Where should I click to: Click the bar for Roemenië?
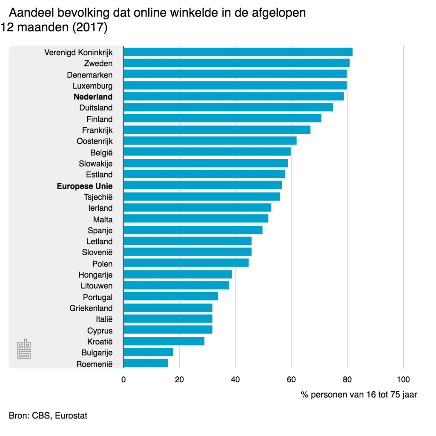[x=146, y=363]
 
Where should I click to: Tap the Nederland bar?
[x=233, y=97]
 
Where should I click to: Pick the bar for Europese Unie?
[x=203, y=185]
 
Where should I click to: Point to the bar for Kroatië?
[x=164, y=341]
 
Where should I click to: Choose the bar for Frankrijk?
[x=217, y=130]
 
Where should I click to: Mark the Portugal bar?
[x=171, y=296]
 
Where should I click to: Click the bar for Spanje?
[x=193, y=230]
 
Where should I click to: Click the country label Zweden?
[x=98, y=63]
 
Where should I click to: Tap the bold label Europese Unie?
[x=85, y=186]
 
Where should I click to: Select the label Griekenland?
[x=91, y=308]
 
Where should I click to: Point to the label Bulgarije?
[x=97, y=353]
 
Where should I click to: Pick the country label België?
[x=101, y=152]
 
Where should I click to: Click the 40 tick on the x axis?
[x=235, y=380]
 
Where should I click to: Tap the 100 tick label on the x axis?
[x=403, y=380]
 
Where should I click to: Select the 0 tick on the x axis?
[x=123, y=380]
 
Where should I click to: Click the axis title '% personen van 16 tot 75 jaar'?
[x=359, y=395]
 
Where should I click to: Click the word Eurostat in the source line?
[x=71, y=416]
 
